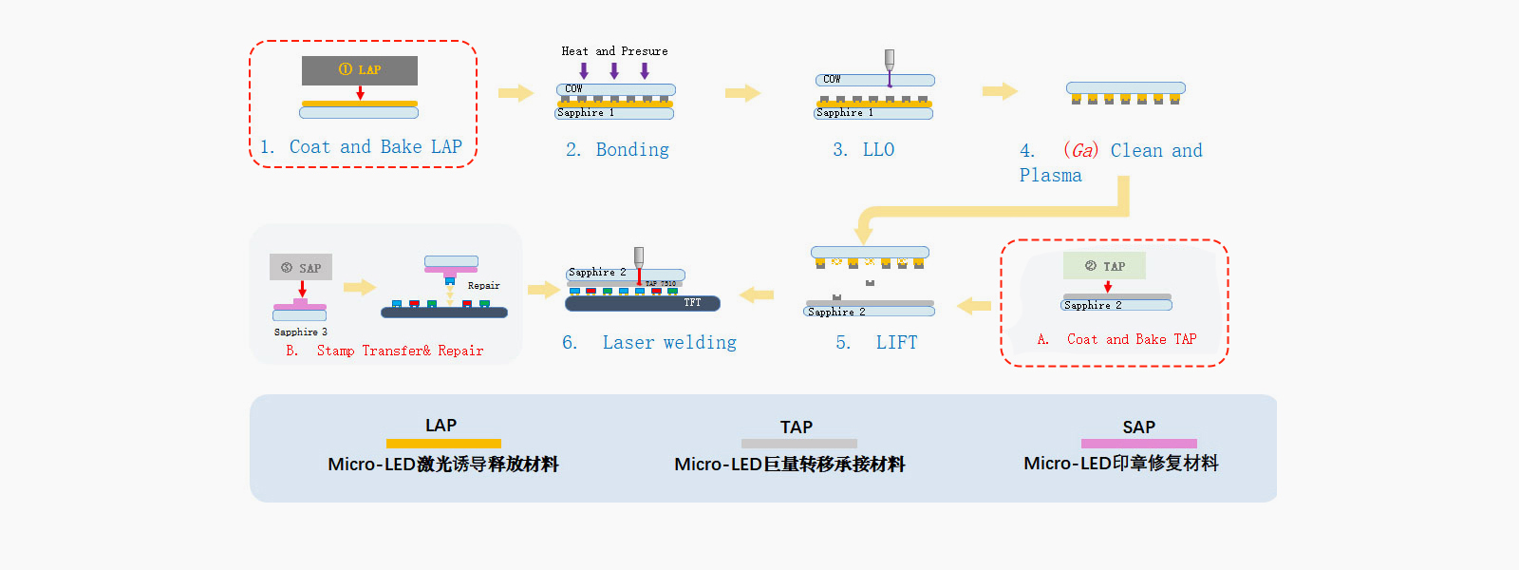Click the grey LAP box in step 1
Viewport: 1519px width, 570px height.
(359, 70)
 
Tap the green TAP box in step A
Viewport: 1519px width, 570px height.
(1104, 266)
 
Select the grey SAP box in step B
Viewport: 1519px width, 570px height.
(300, 267)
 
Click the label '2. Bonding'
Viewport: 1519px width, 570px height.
(617, 150)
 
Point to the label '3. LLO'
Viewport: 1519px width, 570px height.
(863, 150)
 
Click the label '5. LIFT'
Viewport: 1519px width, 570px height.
(876, 343)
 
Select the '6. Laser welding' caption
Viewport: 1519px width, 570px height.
(649, 343)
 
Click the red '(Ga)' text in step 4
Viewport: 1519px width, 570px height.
(1080, 150)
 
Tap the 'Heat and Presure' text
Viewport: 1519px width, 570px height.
(614, 51)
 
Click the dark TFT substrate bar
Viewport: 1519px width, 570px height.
(642, 303)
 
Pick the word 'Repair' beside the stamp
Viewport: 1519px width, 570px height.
(483, 285)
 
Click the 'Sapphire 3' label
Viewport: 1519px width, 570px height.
(300, 332)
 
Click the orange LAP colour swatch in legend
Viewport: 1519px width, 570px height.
(443, 444)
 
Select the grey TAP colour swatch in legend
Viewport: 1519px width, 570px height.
(798, 444)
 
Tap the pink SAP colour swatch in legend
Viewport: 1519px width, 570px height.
(1138, 444)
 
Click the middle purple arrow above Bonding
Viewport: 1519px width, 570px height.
(614, 70)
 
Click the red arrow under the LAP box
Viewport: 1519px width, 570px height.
(360, 93)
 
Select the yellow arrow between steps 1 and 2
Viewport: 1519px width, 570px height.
(516, 92)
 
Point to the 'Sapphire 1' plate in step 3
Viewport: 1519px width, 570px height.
(872, 113)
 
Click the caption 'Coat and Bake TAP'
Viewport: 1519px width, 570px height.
(1131, 339)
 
